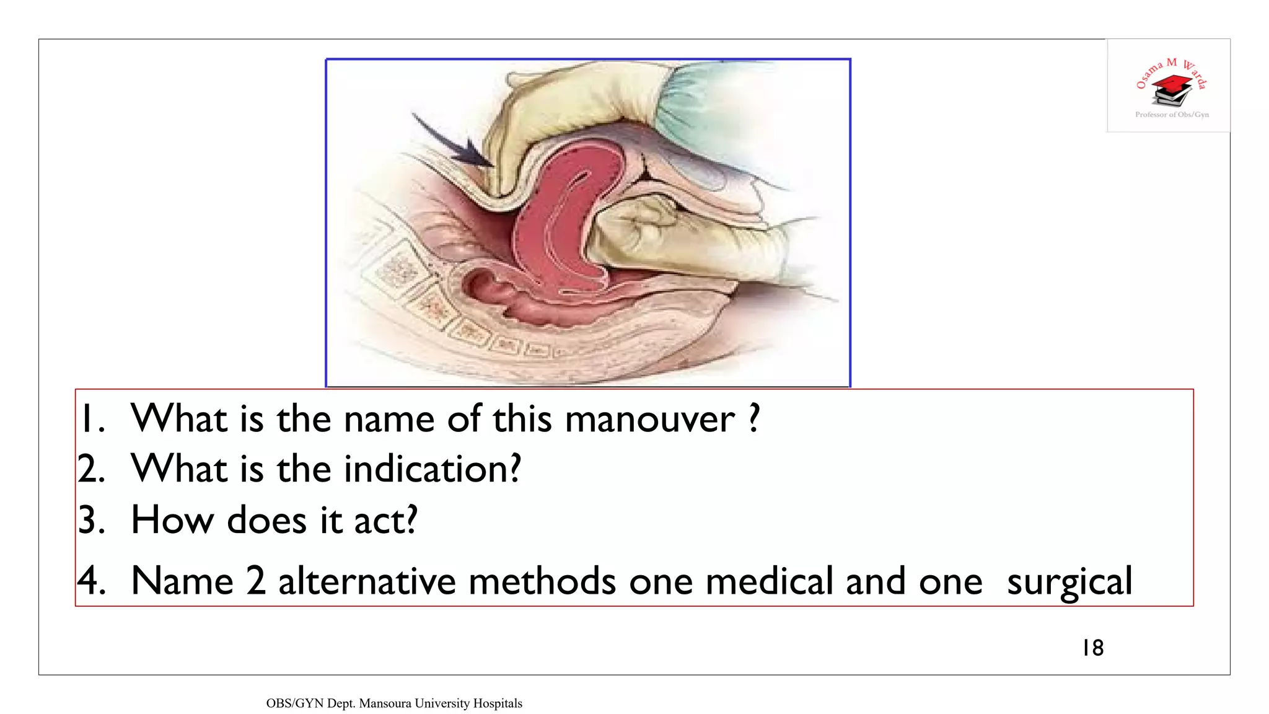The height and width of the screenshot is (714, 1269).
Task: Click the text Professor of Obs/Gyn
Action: [x=1172, y=115]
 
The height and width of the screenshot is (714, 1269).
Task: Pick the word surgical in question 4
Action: [x=1069, y=582]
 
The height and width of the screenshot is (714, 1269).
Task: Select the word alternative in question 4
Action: [x=366, y=582]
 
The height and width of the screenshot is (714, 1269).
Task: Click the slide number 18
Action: [x=1093, y=648]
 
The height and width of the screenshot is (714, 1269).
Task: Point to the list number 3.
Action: [x=92, y=519]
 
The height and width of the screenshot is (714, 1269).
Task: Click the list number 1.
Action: [x=92, y=420]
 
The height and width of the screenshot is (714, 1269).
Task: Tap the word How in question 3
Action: [x=172, y=519]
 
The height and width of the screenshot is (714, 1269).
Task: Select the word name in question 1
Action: [x=389, y=420]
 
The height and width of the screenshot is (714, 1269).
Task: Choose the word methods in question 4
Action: [x=542, y=582]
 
